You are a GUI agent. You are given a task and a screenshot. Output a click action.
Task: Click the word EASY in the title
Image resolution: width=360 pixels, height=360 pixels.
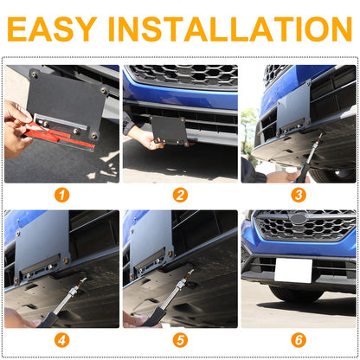coord(52,29)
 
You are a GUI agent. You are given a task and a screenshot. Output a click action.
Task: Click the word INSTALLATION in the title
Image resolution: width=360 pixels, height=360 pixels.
coord(230,29)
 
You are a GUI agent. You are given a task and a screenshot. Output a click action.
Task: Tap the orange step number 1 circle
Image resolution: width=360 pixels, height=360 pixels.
coord(61,196)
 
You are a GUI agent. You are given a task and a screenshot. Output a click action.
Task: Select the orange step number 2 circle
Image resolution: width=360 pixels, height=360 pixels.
coord(180,196)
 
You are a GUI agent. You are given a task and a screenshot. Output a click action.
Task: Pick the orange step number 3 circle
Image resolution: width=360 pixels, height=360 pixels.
coord(299,196)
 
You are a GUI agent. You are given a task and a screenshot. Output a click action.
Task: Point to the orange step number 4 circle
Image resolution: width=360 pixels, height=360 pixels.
coord(61,340)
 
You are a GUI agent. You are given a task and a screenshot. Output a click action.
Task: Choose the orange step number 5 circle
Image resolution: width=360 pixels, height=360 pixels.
coord(180,340)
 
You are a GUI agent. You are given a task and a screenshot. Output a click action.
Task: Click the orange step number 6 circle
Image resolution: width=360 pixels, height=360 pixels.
coord(299,340)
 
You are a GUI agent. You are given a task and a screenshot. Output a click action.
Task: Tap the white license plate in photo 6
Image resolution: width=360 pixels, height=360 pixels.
coord(293,271)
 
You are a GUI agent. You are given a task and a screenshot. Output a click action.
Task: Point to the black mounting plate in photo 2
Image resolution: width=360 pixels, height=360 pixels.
coord(170,131)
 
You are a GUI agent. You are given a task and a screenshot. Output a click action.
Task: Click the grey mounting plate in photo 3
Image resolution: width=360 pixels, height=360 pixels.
coord(293,111)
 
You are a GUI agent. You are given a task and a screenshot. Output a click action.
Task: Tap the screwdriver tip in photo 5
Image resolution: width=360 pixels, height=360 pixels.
coord(191,272)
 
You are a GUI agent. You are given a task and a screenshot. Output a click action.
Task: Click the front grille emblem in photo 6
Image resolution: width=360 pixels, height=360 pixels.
coord(298,219)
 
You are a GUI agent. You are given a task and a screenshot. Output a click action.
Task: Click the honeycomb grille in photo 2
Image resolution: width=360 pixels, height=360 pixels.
coord(183,75)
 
